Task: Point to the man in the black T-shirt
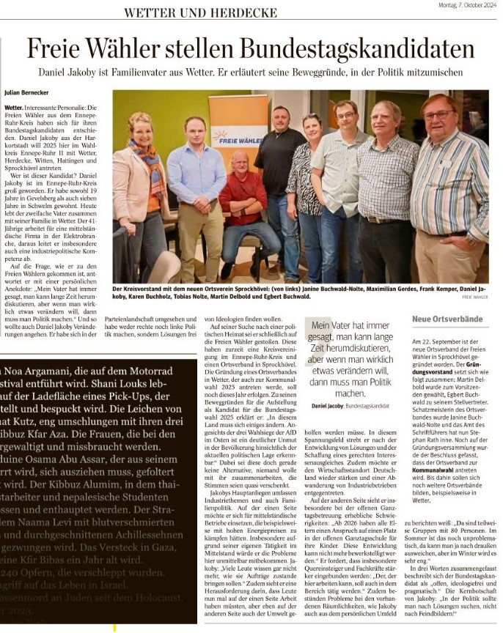point(279,176)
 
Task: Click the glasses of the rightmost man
point(438,115)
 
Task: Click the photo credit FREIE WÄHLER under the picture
point(474,297)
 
